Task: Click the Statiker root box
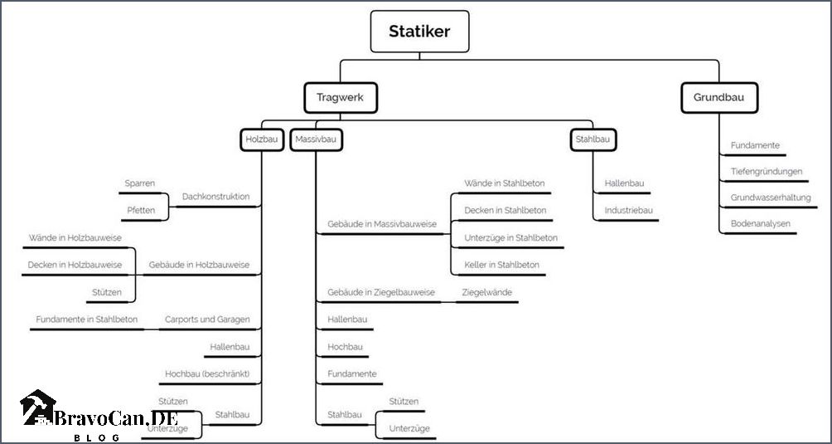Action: point(419,32)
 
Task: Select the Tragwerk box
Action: point(340,98)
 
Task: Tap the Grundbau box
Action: point(719,98)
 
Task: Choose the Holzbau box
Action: point(262,139)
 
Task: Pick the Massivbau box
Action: point(317,139)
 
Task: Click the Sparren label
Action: point(139,183)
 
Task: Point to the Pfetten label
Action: point(141,210)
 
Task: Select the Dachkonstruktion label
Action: point(216,197)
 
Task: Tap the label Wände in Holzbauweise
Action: point(75,238)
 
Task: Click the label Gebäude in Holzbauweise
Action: point(199,265)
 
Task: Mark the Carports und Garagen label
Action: point(207,320)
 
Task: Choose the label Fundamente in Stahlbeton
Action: point(87,320)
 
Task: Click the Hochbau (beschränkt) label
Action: point(207,374)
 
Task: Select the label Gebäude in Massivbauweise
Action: point(382,224)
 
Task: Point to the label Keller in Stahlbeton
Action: point(502,265)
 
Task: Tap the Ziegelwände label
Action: point(487,292)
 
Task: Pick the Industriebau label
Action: point(629,210)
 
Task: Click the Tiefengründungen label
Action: point(767,172)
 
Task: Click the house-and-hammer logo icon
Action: point(37,407)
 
